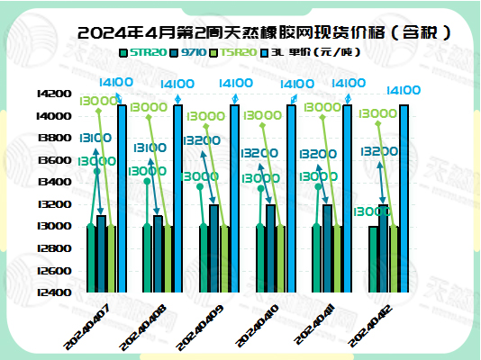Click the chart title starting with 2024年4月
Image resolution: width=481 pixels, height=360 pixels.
(265, 34)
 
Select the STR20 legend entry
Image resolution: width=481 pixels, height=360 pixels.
(147, 53)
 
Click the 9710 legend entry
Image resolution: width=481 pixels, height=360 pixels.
(193, 53)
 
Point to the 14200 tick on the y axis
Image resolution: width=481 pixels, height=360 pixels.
(52, 94)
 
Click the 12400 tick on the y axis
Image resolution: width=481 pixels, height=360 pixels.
(52, 292)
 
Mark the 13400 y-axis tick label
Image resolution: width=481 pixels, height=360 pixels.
(52, 182)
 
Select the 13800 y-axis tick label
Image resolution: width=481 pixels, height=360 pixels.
(52, 138)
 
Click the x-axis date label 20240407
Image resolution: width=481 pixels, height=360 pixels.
(88, 327)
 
